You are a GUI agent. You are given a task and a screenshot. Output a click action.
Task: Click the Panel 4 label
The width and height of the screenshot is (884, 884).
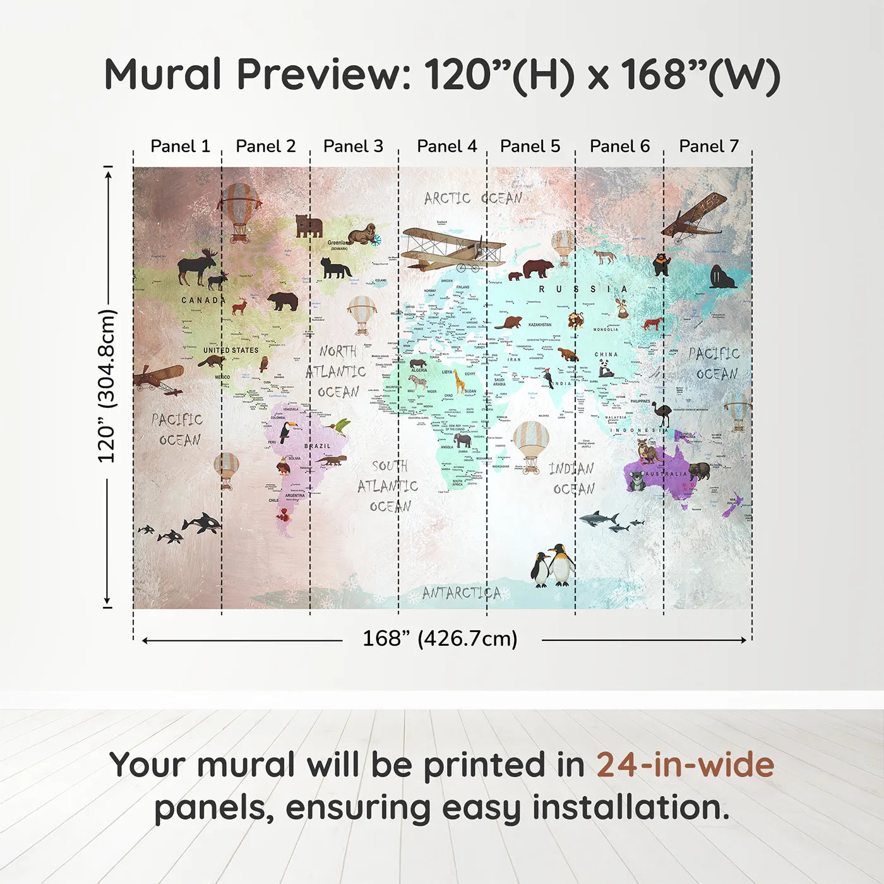(x=446, y=146)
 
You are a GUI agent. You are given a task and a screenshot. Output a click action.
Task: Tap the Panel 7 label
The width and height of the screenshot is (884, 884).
(x=708, y=146)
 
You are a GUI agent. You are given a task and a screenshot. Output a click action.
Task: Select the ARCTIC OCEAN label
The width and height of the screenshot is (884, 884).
(x=473, y=198)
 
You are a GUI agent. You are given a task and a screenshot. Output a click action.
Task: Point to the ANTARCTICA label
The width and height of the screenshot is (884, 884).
(x=462, y=593)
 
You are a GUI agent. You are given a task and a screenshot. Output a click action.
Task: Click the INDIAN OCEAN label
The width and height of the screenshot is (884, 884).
(x=572, y=479)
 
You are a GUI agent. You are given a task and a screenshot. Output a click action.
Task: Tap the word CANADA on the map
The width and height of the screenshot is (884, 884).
(x=203, y=300)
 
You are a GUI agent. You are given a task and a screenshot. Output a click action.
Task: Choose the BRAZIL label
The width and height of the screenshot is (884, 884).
(x=317, y=446)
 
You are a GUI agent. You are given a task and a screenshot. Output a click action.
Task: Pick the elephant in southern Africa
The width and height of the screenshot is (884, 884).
(x=463, y=440)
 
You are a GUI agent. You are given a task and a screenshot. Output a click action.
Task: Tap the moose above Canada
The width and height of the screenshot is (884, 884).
(x=197, y=266)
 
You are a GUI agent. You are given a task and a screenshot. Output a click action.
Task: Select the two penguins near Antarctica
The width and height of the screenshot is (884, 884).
(x=553, y=566)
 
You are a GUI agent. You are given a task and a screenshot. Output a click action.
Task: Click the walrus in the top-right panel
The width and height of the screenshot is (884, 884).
(x=721, y=278)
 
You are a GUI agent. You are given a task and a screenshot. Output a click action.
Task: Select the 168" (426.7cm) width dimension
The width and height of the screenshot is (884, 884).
(x=440, y=639)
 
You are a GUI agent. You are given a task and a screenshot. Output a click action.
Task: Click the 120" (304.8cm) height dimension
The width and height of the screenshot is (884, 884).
(x=107, y=386)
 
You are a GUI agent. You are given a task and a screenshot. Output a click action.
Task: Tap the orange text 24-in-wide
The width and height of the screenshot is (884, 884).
(x=685, y=765)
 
